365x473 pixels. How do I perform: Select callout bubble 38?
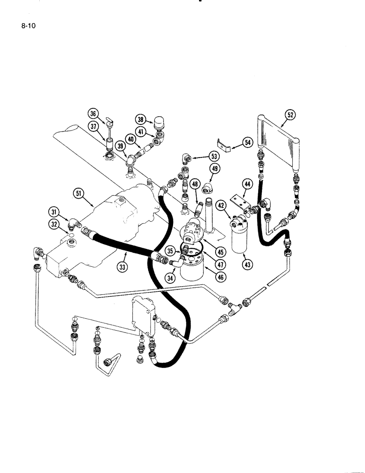[141, 120]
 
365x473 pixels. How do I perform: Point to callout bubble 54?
[248, 142]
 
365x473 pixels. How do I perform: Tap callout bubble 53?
[215, 156]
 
